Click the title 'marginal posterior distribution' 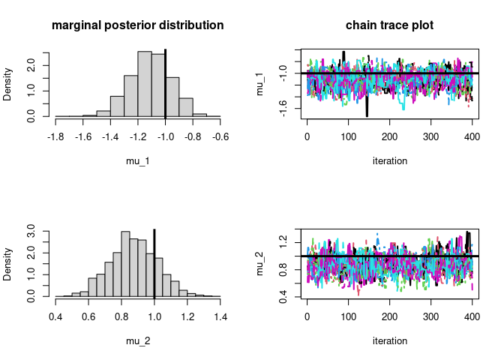[138, 25]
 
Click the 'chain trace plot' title [390, 25]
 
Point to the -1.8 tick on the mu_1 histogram [55, 136]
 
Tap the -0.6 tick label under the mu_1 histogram [220, 136]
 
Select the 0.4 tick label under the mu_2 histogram [55, 316]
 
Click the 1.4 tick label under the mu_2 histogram [220, 316]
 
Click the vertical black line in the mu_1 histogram [165, 82]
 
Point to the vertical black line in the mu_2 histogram [154, 262]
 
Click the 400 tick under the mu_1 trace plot [472, 136]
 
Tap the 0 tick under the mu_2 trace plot [307, 316]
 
